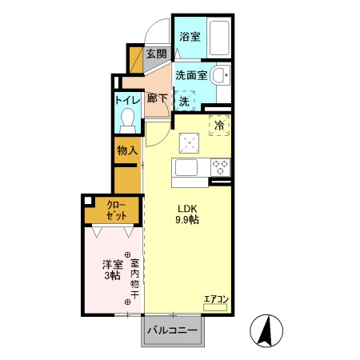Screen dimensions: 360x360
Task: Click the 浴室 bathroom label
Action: click(190, 37)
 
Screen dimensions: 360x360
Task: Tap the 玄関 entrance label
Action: click(157, 54)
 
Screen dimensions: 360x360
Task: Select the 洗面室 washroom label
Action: click(192, 75)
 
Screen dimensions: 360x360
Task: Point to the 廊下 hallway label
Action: click(158, 98)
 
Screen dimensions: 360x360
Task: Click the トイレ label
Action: click(127, 102)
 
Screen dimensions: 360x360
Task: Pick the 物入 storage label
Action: click(127, 150)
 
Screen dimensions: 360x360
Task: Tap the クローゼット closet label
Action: click(117, 210)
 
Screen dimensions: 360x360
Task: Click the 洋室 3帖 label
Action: click(111, 269)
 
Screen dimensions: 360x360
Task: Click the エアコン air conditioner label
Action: click(216, 299)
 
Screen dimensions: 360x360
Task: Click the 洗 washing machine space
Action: click(185, 102)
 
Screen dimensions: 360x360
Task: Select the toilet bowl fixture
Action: click(127, 119)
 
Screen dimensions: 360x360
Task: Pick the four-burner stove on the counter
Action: click(221, 167)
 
